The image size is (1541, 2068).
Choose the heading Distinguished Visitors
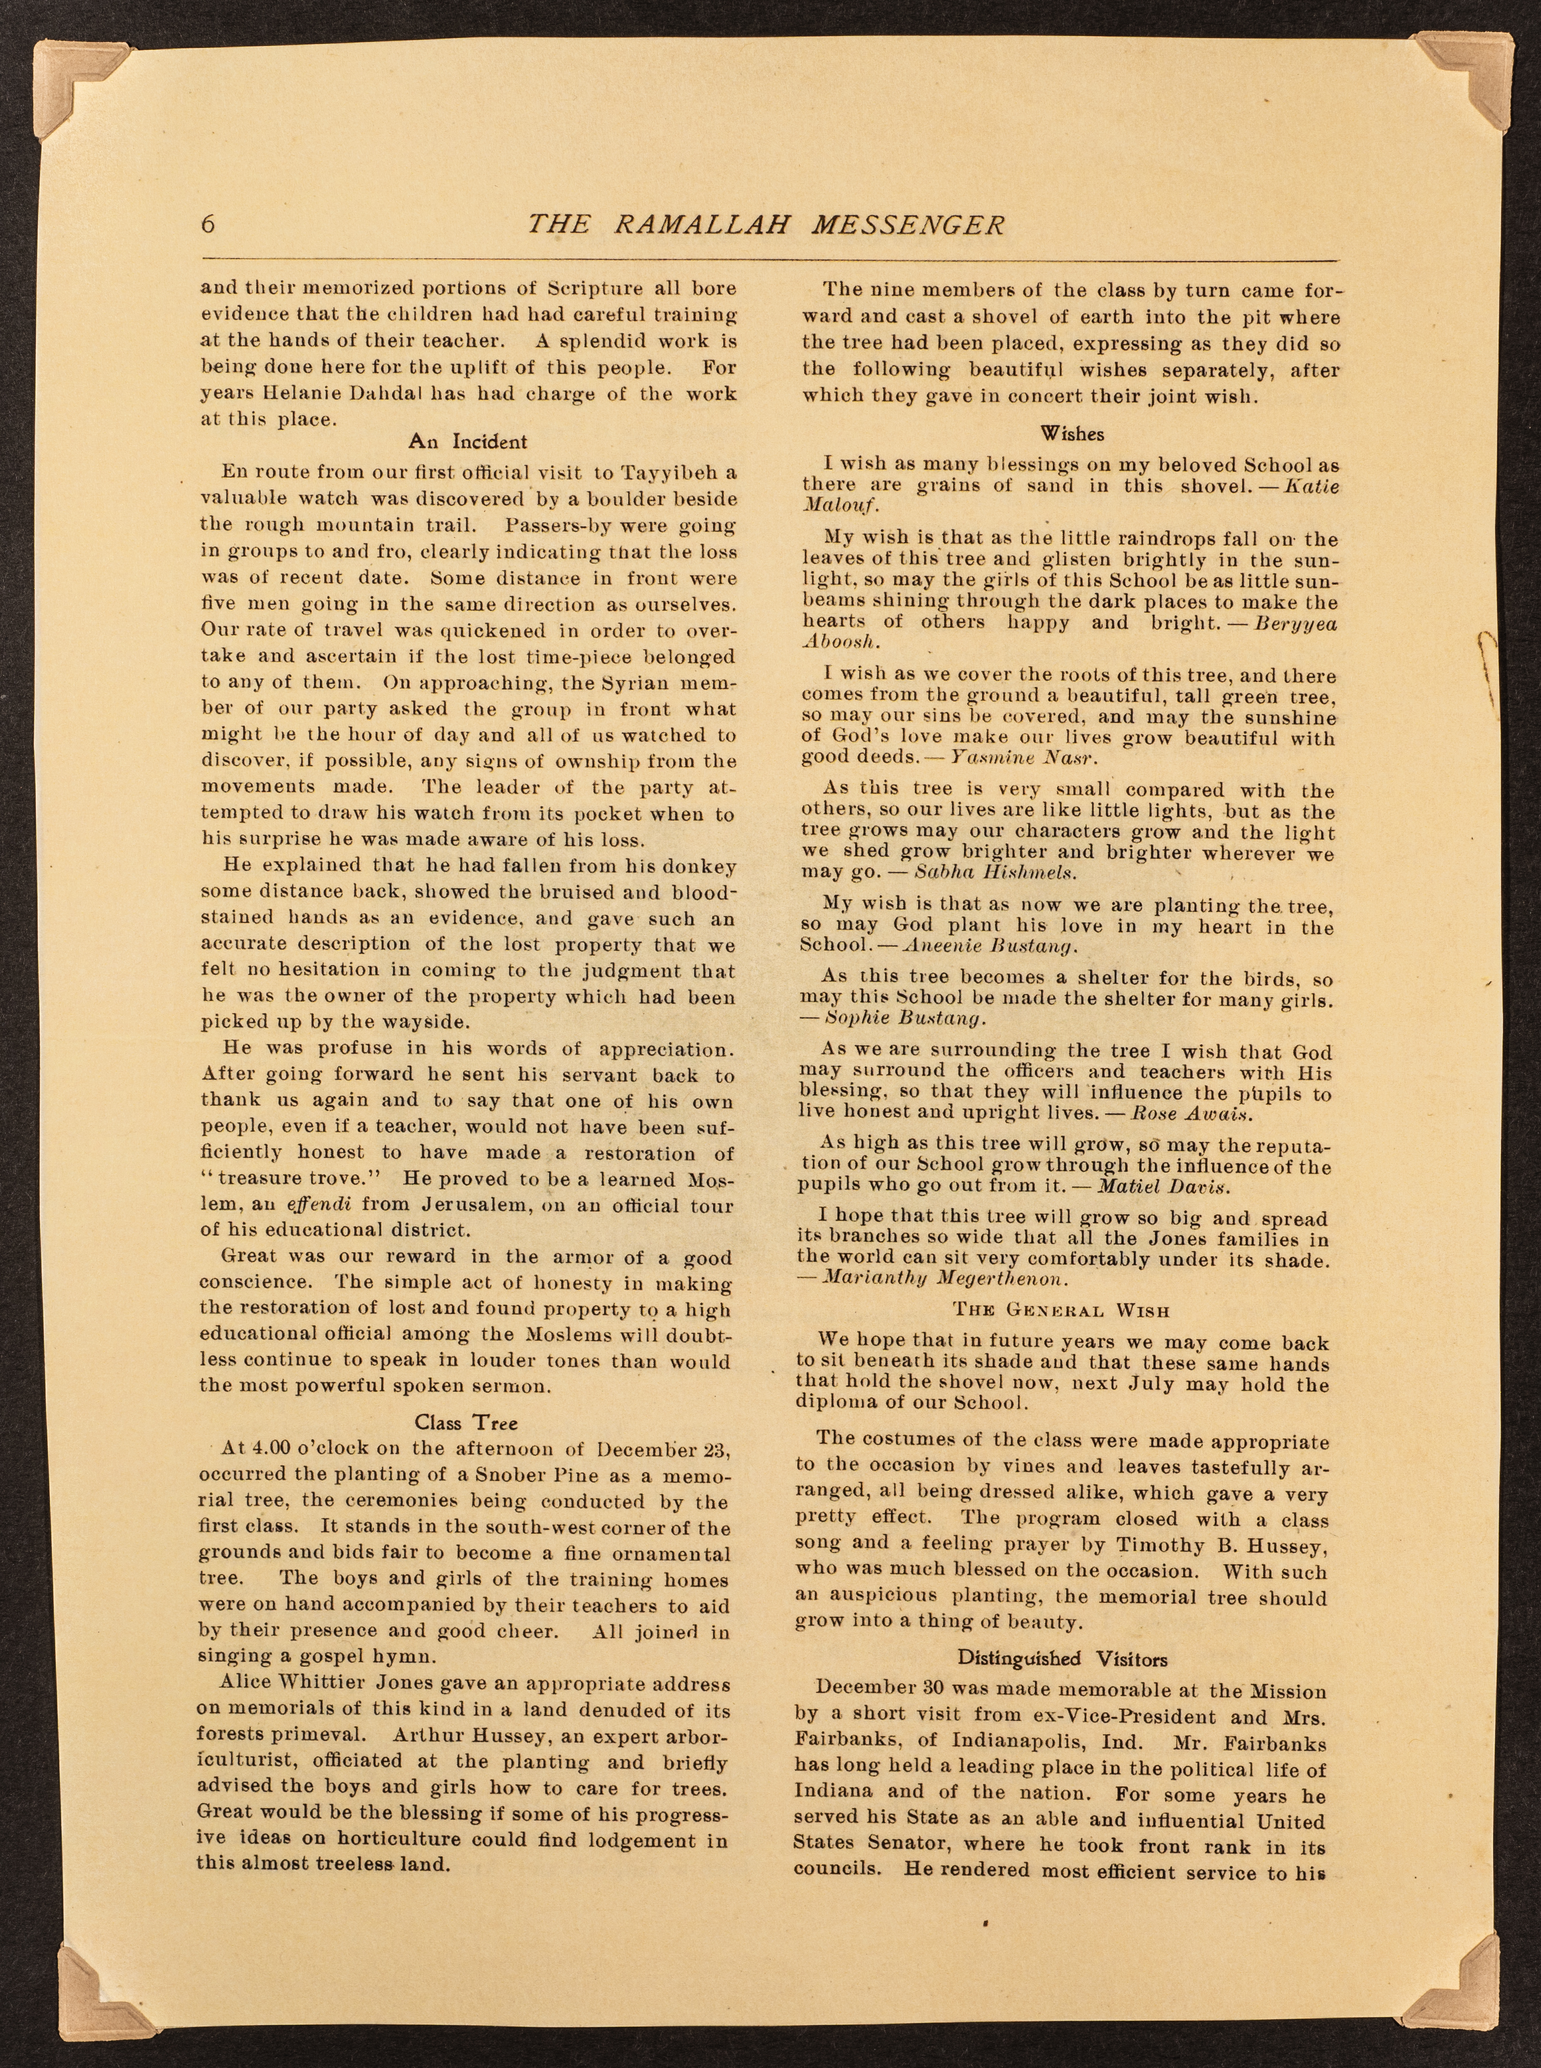[1062, 1659]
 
